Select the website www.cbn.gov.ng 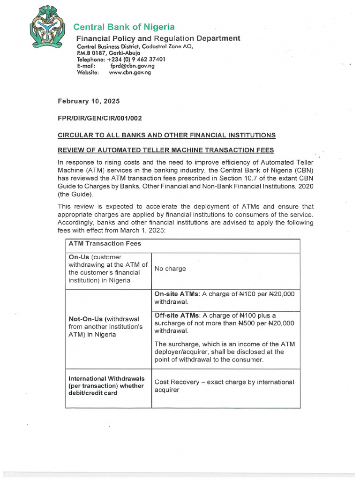(x=130, y=73)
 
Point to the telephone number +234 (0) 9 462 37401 (x=136, y=60)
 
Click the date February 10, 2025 (x=89, y=101)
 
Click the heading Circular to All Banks (x=166, y=135)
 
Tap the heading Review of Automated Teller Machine (x=165, y=150)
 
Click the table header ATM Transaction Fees (x=105, y=244)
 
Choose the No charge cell (x=170, y=269)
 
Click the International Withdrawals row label (x=106, y=378)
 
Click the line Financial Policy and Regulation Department (x=158, y=38)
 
